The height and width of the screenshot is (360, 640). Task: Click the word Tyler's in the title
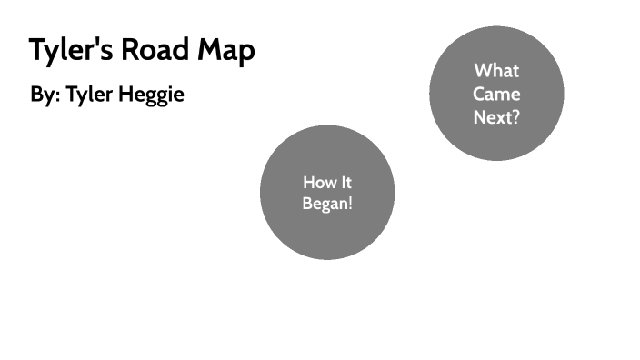[69, 51]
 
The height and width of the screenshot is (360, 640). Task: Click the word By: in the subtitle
[45, 95]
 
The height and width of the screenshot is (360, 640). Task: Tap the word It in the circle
[345, 183]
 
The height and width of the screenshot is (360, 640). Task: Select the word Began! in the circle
[327, 204]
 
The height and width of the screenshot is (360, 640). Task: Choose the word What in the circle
[496, 71]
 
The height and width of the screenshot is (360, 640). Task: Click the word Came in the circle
[496, 94]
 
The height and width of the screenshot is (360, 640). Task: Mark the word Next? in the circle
[496, 116]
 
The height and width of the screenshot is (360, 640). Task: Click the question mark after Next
[515, 116]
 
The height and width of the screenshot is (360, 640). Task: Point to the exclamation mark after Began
[349, 204]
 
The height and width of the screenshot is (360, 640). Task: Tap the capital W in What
[482, 71]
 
